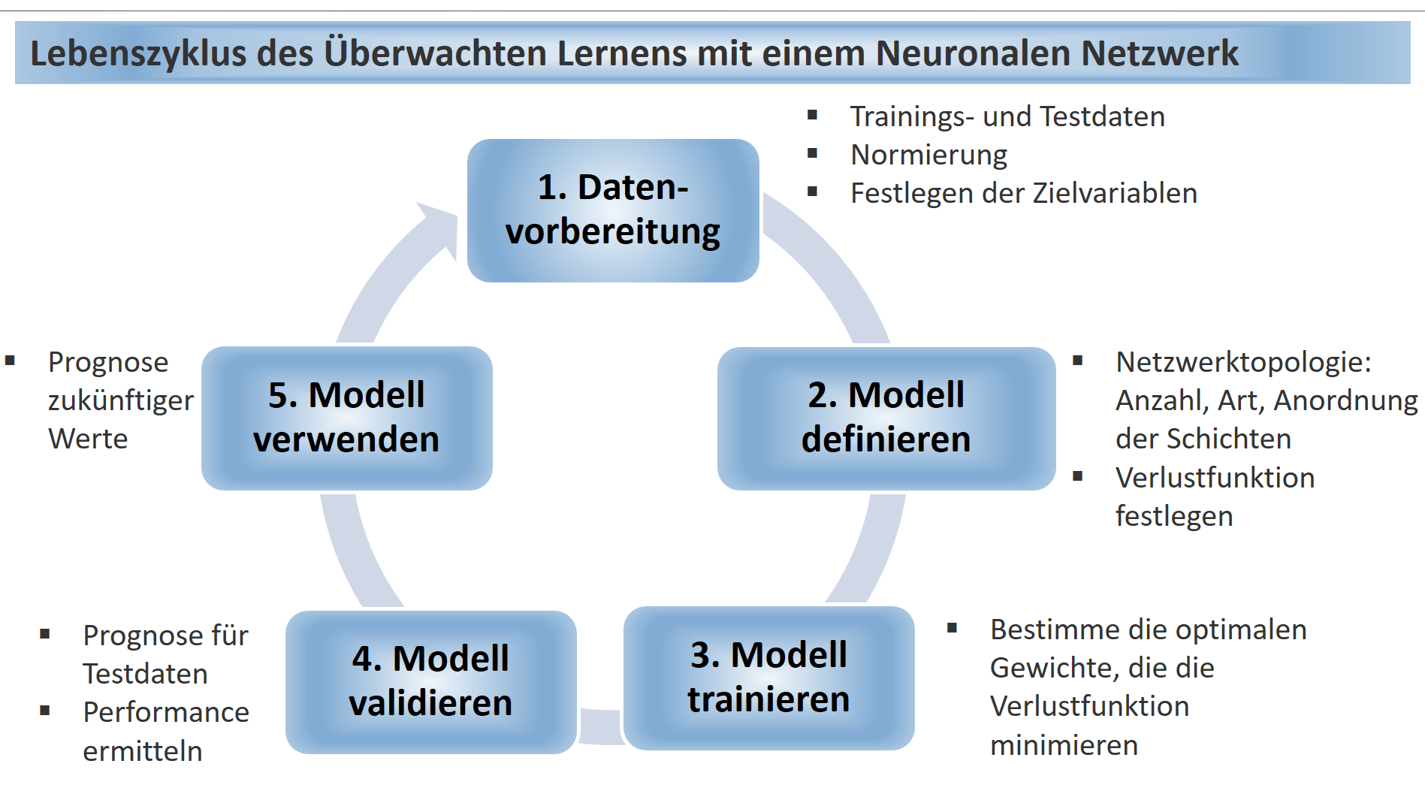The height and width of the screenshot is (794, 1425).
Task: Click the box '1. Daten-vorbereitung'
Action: (613, 210)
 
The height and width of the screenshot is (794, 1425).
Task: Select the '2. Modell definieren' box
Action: (886, 418)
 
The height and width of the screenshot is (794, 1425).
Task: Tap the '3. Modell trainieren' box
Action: (768, 678)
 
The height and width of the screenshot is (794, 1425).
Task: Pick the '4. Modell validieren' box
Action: (430, 681)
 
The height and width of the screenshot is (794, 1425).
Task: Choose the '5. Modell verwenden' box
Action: (346, 418)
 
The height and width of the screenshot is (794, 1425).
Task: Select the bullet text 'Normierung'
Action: (928, 155)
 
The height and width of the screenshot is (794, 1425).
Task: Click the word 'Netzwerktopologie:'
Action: (1243, 362)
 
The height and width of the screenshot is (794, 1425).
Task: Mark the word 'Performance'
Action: (166, 712)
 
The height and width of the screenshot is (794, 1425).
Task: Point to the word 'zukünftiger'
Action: (121, 400)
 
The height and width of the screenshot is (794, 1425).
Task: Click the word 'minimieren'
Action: (1064, 745)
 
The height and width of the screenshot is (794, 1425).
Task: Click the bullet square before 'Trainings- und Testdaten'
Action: (812, 115)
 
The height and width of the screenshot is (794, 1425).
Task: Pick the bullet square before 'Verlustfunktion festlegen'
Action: (1077, 475)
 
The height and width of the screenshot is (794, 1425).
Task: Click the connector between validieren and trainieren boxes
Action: (600, 726)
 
